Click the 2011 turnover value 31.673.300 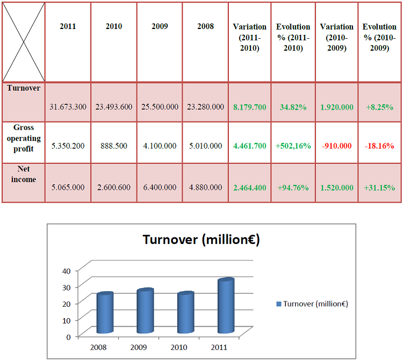click(x=68, y=107)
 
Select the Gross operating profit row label click(x=24, y=138)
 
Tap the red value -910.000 click(x=337, y=146)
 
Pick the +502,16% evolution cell click(x=293, y=146)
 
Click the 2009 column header click(x=160, y=26)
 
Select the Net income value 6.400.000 click(x=160, y=188)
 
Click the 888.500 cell click(x=114, y=146)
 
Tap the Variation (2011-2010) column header click(x=249, y=37)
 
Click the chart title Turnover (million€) click(x=201, y=240)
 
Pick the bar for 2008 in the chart click(x=105, y=313)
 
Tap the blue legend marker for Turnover click(x=279, y=304)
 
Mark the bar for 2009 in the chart click(x=145, y=311)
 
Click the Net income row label click(x=24, y=175)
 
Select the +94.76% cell click(x=293, y=188)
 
